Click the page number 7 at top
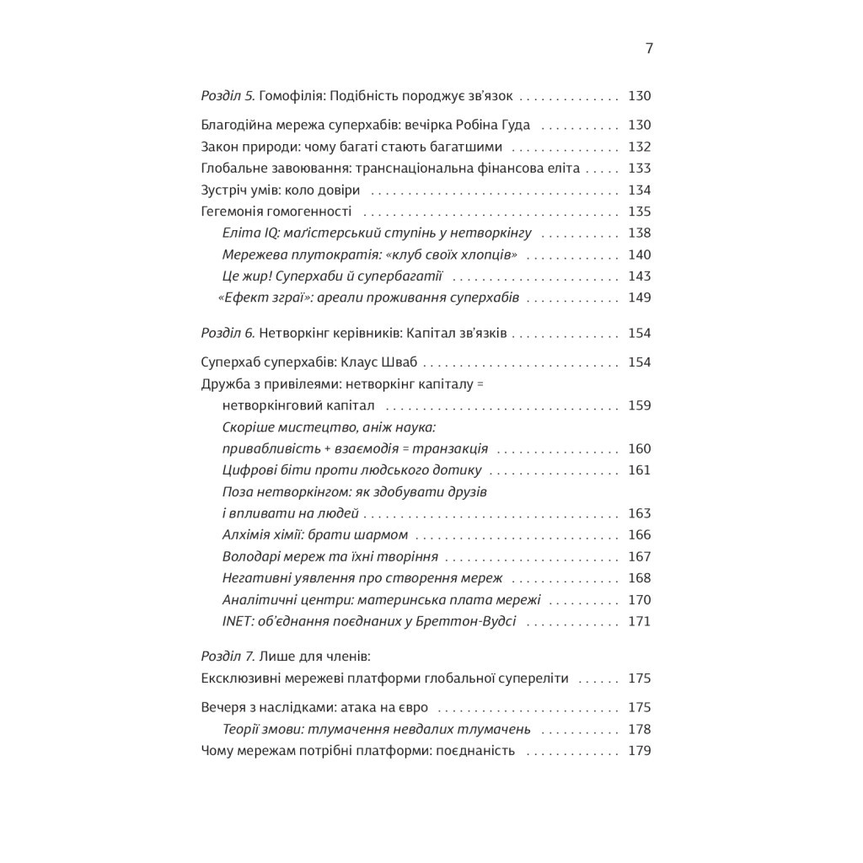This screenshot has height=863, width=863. (649, 48)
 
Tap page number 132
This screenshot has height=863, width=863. (640, 147)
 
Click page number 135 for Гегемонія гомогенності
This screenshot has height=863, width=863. (640, 212)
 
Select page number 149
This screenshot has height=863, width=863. (640, 297)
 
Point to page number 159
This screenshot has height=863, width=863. (640, 405)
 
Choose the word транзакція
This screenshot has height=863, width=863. (452, 448)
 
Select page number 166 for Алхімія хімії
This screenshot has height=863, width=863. (640, 534)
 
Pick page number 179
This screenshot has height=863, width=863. (640, 750)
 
